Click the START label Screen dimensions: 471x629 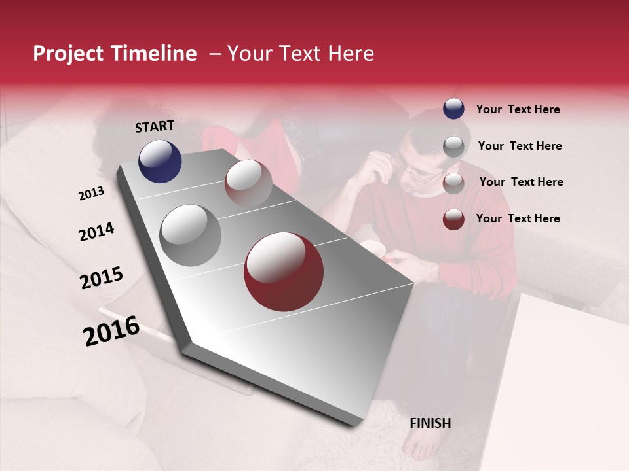155,126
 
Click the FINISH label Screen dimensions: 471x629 430,423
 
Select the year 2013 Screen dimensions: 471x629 91,193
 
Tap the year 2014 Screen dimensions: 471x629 96,232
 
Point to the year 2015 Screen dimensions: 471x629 102,278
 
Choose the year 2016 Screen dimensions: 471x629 111,330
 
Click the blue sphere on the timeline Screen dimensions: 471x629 160,162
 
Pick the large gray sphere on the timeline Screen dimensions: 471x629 191,235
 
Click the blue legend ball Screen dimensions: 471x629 453,109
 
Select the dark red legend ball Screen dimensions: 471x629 453,219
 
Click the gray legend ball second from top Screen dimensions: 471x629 453,147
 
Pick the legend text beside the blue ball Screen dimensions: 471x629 518,109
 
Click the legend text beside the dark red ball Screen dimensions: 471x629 518,218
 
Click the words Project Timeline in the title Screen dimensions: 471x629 115,54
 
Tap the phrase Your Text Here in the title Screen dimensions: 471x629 300,54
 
